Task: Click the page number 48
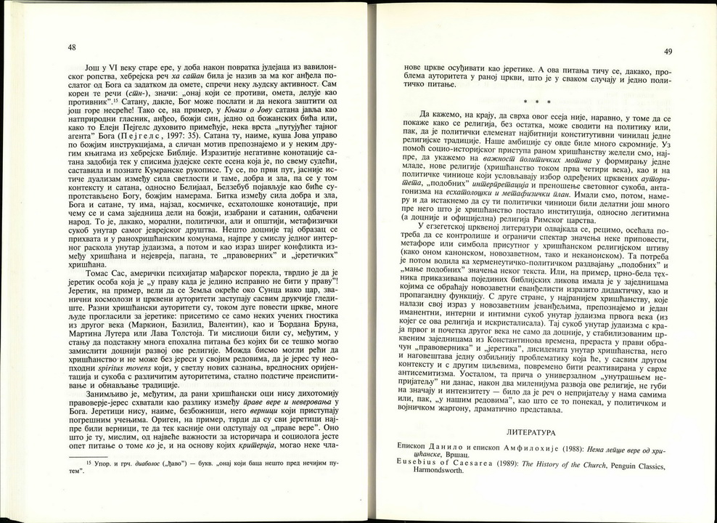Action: (x=71, y=47)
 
